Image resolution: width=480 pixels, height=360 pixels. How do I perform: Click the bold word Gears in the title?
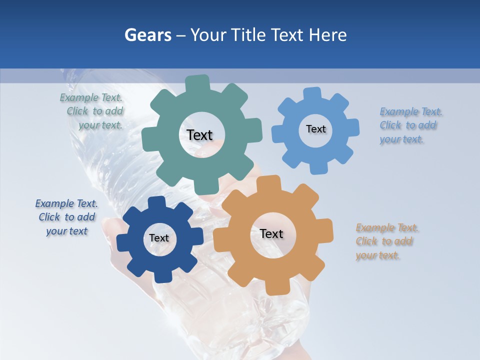[x=147, y=35]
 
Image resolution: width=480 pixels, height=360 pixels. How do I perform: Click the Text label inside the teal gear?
[x=199, y=135]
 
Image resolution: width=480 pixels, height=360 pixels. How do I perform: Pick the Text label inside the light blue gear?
[x=315, y=129]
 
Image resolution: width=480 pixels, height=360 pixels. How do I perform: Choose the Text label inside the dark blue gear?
[x=159, y=238]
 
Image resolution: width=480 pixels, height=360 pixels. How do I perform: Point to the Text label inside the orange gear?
[x=271, y=233]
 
